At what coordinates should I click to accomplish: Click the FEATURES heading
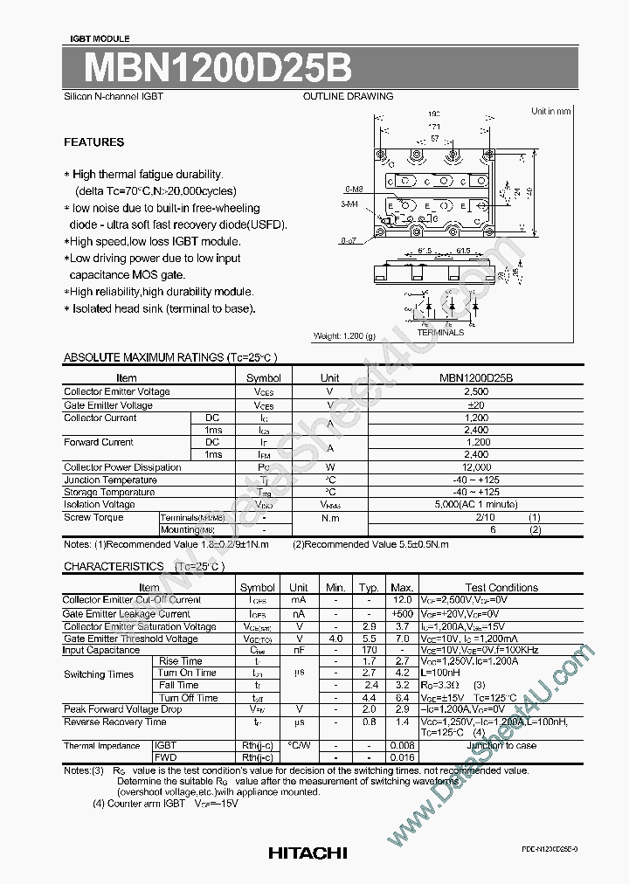(94, 142)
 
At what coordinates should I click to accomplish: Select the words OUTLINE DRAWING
(348, 97)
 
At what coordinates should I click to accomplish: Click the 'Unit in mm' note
(550, 111)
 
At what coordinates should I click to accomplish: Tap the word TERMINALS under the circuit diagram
(440, 333)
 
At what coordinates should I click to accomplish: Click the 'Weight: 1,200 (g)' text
(344, 336)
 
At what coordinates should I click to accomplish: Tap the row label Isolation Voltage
(99, 504)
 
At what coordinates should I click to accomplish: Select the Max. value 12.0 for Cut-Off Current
(402, 600)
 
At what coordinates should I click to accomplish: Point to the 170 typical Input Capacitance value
(370, 650)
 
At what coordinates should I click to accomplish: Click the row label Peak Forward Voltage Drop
(122, 709)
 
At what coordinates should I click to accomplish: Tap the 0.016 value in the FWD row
(402, 757)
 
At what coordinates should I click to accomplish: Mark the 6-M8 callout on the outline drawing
(354, 189)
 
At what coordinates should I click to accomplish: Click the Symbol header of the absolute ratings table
(263, 378)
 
